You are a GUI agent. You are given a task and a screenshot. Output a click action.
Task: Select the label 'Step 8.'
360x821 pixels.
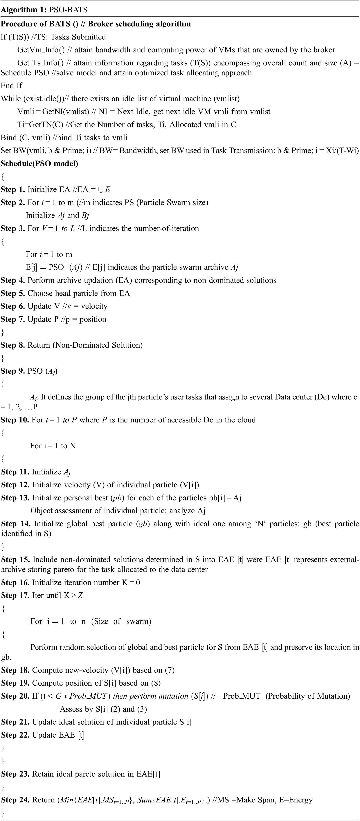[13, 345]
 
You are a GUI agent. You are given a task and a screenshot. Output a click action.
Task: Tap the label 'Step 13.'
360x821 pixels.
[15, 498]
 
